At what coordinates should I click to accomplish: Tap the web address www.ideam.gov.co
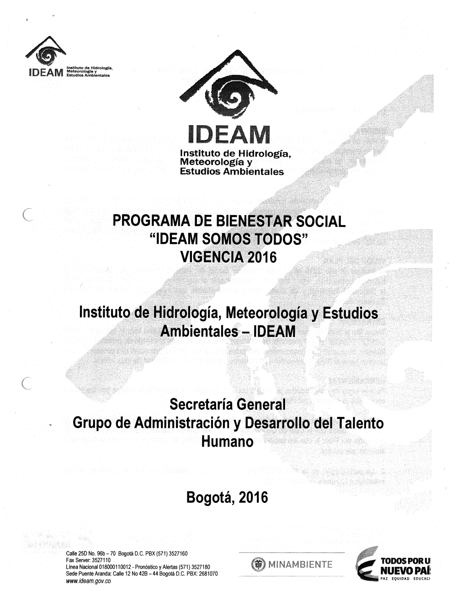(x=89, y=581)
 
